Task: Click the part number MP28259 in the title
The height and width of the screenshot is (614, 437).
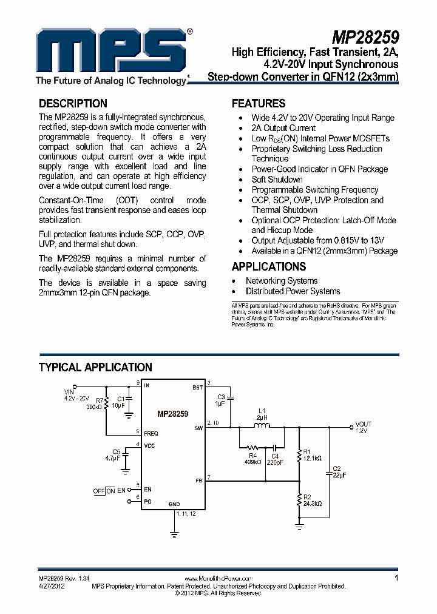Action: click(x=365, y=42)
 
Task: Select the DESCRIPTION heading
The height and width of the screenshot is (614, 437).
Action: click(x=73, y=104)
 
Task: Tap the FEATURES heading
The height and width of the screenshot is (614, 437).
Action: click(x=259, y=104)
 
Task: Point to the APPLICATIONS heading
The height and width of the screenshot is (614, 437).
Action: click(x=268, y=266)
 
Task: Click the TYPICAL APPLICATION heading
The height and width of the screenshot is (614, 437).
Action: click(x=95, y=367)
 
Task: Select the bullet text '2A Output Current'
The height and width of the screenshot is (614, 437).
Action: click(x=283, y=128)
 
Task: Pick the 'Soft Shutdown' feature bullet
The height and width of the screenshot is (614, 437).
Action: click(x=277, y=180)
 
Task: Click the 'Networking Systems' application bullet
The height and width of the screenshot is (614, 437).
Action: click(x=281, y=281)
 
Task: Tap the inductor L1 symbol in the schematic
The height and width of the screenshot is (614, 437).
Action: click(x=262, y=427)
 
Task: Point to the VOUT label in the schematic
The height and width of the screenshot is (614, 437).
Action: click(x=364, y=424)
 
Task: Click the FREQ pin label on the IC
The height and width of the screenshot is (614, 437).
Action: click(x=151, y=434)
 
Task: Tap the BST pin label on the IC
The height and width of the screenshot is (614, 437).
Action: click(x=198, y=386)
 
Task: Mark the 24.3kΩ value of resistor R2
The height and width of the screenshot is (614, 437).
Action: click(x=312, y=504)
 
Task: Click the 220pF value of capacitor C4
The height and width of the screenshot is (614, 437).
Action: click(x=275, y=462)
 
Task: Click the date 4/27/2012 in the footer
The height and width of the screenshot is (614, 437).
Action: click(x=52, y=586)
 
